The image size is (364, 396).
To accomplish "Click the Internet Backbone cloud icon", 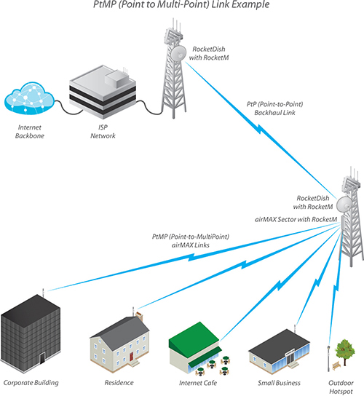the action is [x=29, y=98].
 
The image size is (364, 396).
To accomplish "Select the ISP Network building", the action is [x=103, y=92].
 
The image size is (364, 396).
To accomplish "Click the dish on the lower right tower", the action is [x=344, y=205].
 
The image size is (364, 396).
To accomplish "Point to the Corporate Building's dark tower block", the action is [x=31, y=333].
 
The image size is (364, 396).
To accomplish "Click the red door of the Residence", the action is [x=131, y=357].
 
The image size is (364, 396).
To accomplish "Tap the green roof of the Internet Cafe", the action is [x=194, y=334].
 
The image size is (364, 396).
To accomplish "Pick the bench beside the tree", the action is [x=336, y=365].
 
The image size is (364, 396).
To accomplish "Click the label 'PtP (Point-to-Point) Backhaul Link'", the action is [x=275, y=108].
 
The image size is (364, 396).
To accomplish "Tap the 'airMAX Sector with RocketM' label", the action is [x=296, y=219].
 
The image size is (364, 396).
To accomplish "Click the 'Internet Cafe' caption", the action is [x=198, y=383].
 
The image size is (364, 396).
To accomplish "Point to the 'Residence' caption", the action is [x=119, y=383].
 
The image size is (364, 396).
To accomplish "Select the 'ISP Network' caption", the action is [x=103, y=131].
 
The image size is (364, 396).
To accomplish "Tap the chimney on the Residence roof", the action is [x=139, y=317].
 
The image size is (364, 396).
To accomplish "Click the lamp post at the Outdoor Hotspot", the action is [x=328, y=358].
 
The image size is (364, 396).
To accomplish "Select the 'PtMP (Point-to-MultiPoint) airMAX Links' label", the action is [x=191, y=241].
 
